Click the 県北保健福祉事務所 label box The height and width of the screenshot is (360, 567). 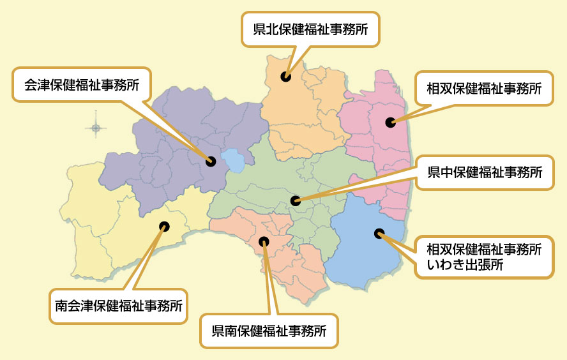(x=310, y=29)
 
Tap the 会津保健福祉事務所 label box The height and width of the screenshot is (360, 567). (x=82, y=84)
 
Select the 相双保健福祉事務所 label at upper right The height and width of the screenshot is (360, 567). (x=484, y=89)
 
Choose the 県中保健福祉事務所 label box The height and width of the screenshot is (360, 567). (x=485, y=172)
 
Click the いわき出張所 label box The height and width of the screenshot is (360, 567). (x=484, y=257)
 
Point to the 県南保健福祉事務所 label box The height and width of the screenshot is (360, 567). (x=269, y=331)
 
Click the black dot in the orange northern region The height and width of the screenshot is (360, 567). (x=285, y=77)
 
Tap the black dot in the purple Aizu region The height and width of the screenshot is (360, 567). (x=211, y=161)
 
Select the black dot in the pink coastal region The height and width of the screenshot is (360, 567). (x=390, y=123)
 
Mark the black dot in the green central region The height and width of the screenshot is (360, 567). (x=295, y=200)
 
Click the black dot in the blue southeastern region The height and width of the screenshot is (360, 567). (x=379, y=234)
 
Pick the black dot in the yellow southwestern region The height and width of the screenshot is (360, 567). (x=164, y=226)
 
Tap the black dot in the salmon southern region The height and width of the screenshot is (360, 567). (x=264, y=241)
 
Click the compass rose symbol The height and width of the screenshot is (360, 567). (x=96, y=128)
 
